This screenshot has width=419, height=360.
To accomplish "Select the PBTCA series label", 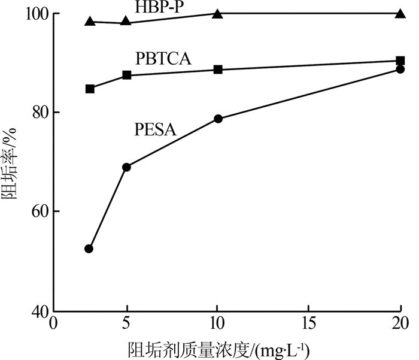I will tap(164, 59).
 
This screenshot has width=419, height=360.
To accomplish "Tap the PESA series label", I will tap(155, 129).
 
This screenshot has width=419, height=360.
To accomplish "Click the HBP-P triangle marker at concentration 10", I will tap(218, 13).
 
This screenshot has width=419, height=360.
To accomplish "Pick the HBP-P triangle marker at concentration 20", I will tap(400, 13).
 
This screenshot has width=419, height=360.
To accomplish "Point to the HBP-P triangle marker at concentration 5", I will tap(126, 22).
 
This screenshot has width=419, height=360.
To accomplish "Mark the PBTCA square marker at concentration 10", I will tap(218, 69).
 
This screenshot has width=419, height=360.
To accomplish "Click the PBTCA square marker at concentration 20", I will tap(400, 60).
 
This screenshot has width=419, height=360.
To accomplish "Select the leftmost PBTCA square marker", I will tap(90, 89).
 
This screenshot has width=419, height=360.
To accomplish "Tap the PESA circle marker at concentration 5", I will tap(126, 167).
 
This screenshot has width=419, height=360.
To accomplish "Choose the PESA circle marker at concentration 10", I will tap(218, 119).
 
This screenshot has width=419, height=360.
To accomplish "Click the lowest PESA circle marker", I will tap(89, 249).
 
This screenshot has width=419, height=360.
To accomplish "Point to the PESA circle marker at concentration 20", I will tap(400, 69).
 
